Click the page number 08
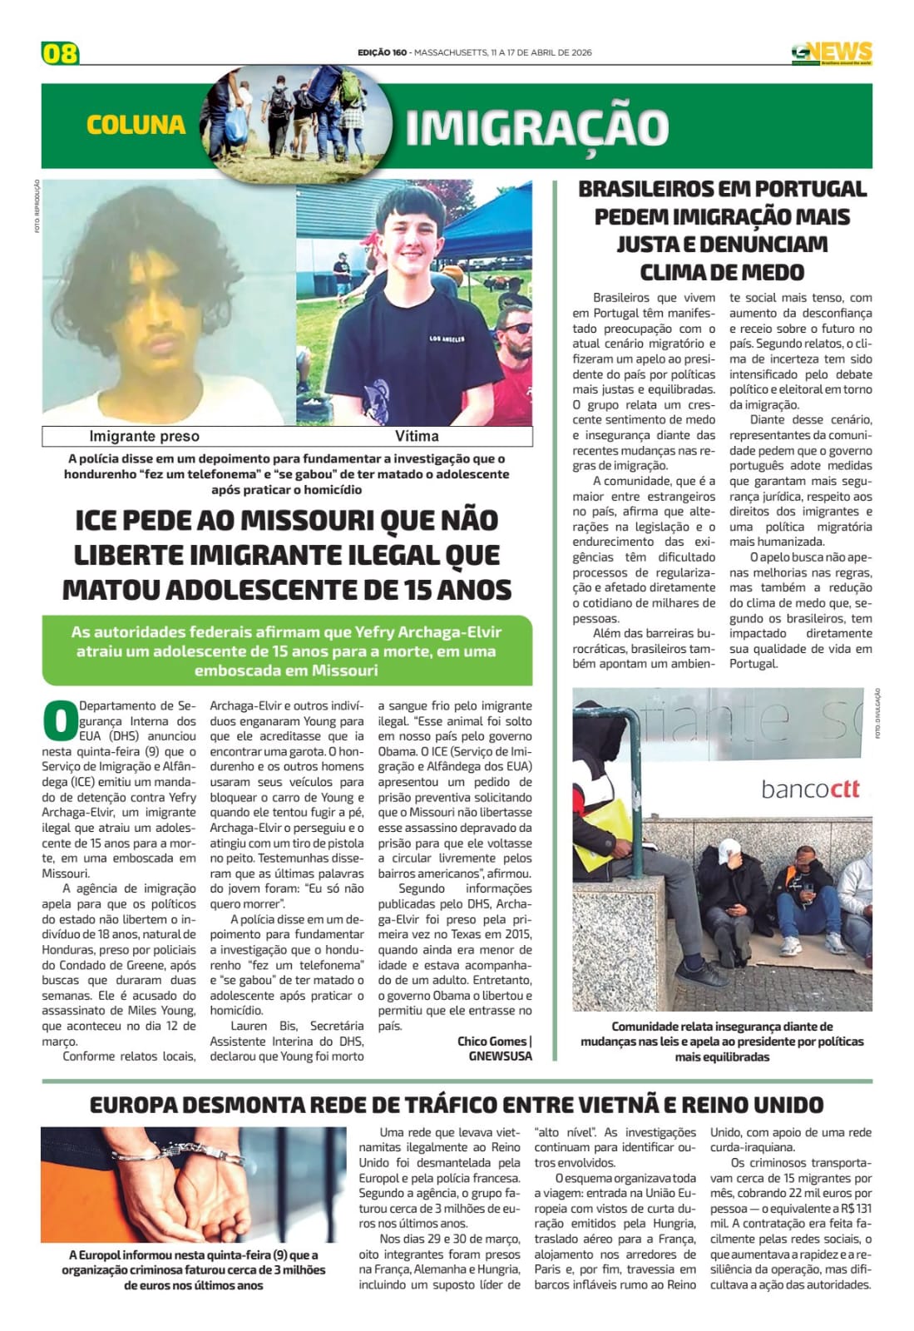pyautogui.click(x=60, y=53)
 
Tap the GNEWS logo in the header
pyautogui.click(x=831, y=53)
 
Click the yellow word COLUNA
pyautogui.click(x=136, y=125)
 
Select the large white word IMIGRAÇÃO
pyautogui.click(x=536, y=127)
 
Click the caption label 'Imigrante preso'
pyautogui.click(x=144, y=436)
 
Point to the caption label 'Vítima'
pyautogui.click(x=417, y=436)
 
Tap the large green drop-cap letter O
pyautogui.click(x=59, y=720)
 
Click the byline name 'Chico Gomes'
pyautogui.click(x=492, y=1041)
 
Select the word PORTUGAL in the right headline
pyautogui.click(x=800, y=189)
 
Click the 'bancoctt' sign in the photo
pyautogui.click(x=810, y=788)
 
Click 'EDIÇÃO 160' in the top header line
pyautogui.click(x=382, y=52)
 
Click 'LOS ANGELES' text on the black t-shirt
pyautogui.click(x=447, y=339)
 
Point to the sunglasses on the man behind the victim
pyautogui.click(x=517, y=328)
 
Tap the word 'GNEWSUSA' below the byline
pyautogui.click(x=500, y=1056)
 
